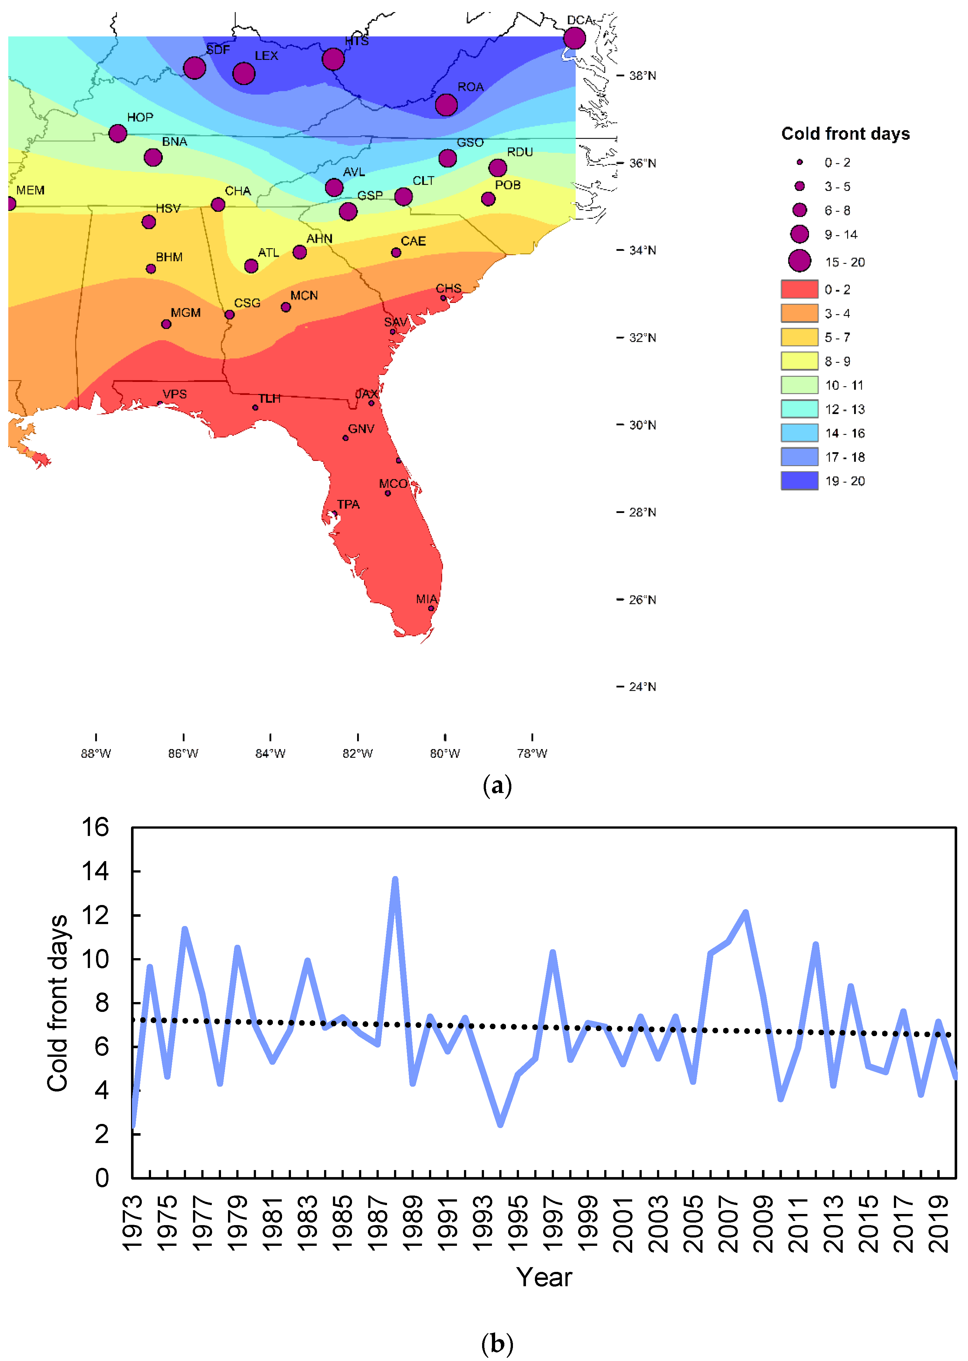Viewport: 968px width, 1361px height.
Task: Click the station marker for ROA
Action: pyautogui.click(x=446, y=105)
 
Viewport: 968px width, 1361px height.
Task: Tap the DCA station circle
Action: pyautogui.click(x=574, y=38)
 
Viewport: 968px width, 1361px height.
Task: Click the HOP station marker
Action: pyautogui.click(x=118, y=133)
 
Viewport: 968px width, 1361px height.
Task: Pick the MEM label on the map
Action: pyautogui.click(x=31, y=190)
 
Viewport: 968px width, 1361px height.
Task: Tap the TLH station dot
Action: pyautogui.click(x=255, y=408)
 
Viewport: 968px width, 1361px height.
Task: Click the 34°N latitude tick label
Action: pyautogui.click(x=643, y=250)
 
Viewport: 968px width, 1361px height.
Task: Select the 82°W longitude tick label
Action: pyautogui.click(x=358, y=753)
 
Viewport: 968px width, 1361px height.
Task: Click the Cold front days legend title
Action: pyautogui.click(x=845, y=134)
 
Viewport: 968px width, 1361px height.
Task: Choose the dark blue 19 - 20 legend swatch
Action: pyautogui.click(x=799, y=481)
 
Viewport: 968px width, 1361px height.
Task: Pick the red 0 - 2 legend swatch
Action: pyautogui.click(x=799, y=289)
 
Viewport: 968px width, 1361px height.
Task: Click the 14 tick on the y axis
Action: pyautogui.click(x=95, y=871)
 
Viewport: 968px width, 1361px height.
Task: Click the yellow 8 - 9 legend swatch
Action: pyautogui.click(x=799, y=361)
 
